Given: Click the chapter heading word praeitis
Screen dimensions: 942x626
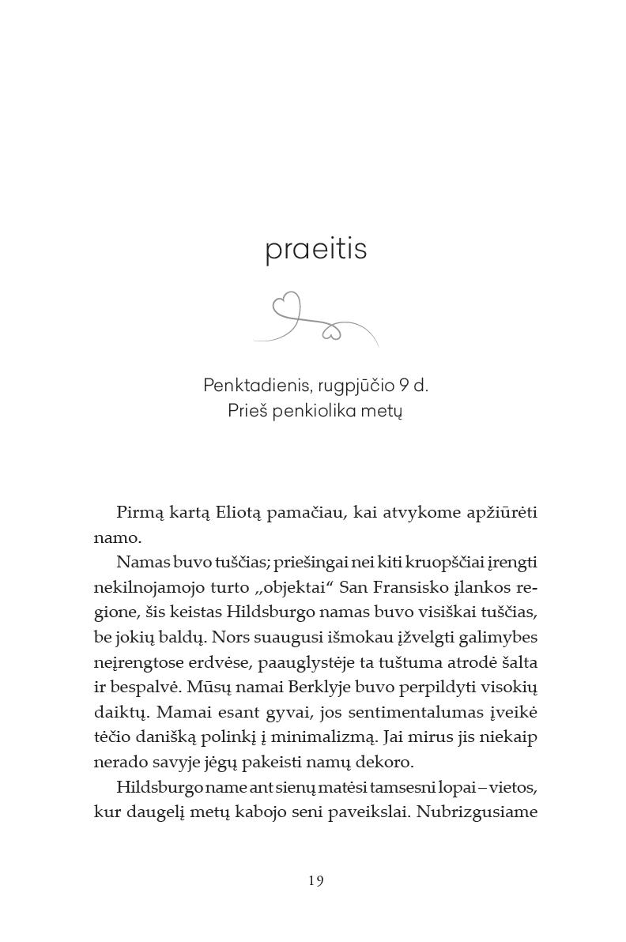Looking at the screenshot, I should point(315,250).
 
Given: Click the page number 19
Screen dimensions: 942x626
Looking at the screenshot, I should point(316,880).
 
